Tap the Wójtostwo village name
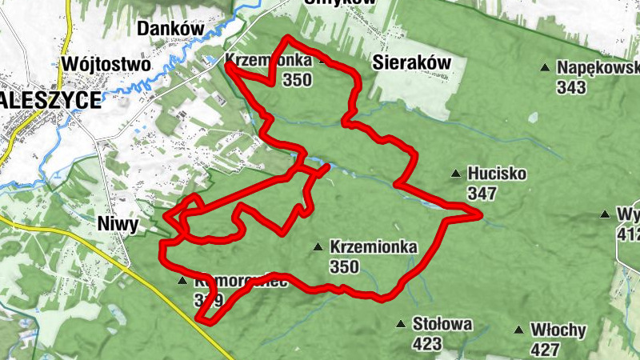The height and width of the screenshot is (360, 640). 106,63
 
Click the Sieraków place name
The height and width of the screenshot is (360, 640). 412,62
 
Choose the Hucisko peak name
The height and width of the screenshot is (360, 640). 498,174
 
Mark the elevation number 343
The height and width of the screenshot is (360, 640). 571,87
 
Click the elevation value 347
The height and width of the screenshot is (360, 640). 482,193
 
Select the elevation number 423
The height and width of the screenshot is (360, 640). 427,344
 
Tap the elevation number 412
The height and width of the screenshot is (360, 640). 628,234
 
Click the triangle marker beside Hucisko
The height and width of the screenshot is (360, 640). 456,173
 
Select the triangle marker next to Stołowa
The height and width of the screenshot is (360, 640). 401,324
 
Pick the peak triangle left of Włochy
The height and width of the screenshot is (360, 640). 520,330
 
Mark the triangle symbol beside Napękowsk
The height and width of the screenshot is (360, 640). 546,68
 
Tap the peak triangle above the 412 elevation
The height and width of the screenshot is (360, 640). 606,214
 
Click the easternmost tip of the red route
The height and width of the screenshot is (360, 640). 481,215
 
